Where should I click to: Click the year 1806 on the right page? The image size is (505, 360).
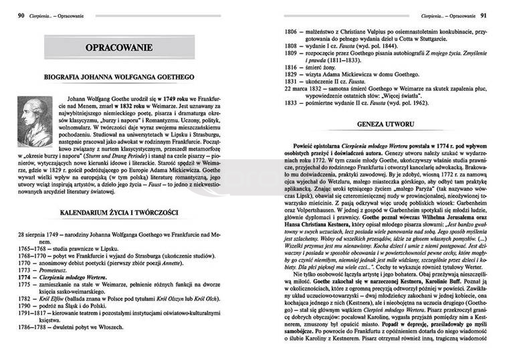(291, 31)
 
